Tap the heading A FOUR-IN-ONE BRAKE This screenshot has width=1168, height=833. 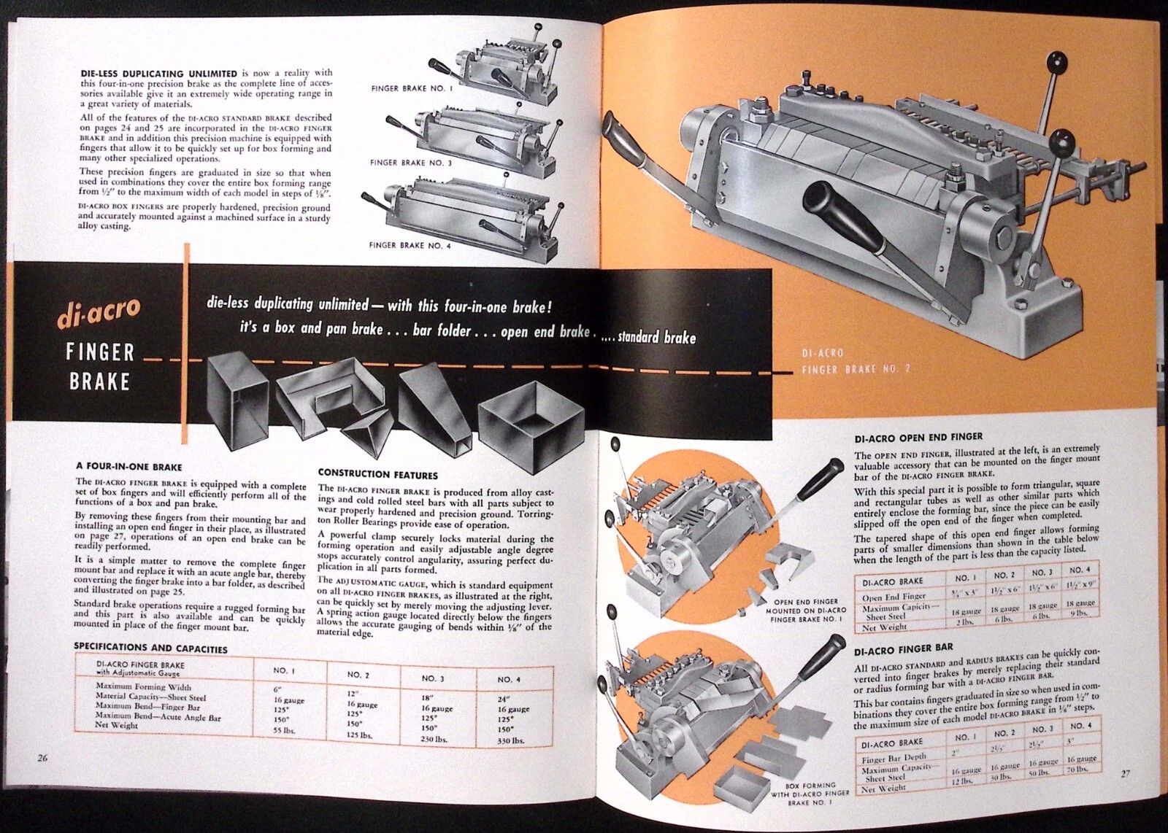point(129,466)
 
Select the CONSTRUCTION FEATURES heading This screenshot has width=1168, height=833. point(377,475)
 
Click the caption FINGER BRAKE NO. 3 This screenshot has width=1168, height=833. point(410,163)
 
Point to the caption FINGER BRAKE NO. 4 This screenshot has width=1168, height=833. point(410,246)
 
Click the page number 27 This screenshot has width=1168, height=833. point(1125,773)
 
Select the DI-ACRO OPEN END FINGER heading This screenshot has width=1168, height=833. point(918,438)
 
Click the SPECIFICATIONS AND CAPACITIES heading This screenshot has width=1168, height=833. point(151,648)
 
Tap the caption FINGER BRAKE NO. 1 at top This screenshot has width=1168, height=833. point(412,88)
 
